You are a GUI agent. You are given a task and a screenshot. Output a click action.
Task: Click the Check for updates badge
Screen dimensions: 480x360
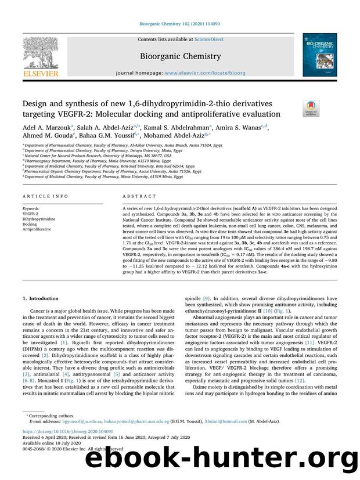tap(311, 107)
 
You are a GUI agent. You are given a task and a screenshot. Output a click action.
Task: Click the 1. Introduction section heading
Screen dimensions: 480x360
tap(41, 298)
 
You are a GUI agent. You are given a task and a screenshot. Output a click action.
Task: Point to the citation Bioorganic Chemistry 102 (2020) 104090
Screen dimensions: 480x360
tap(179, 24)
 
